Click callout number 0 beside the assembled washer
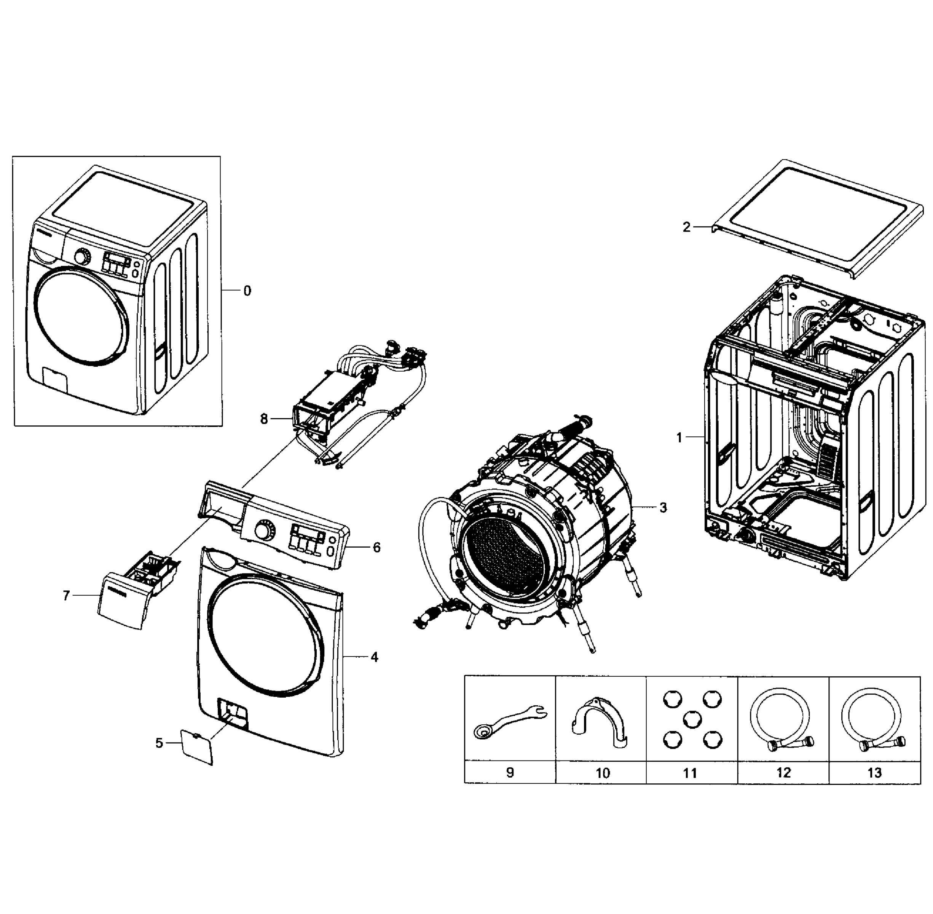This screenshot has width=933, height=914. tap(247, 291)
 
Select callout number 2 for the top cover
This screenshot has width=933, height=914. tap(687, 227)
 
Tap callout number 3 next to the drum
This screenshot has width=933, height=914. tap(663, 507)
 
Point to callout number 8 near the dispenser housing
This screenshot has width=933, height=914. tap(264, 419)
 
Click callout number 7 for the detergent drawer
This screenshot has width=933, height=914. tap(66, 595)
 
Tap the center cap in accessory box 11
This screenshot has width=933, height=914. tap(692, 719)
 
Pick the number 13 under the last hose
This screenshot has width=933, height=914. tap(874, 773)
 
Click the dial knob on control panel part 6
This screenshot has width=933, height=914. tap(263, 531)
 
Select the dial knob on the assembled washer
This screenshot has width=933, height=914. tap(83, 257)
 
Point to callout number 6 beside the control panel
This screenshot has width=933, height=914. tap(377, 547)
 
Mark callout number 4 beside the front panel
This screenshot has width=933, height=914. tap(374, 657)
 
